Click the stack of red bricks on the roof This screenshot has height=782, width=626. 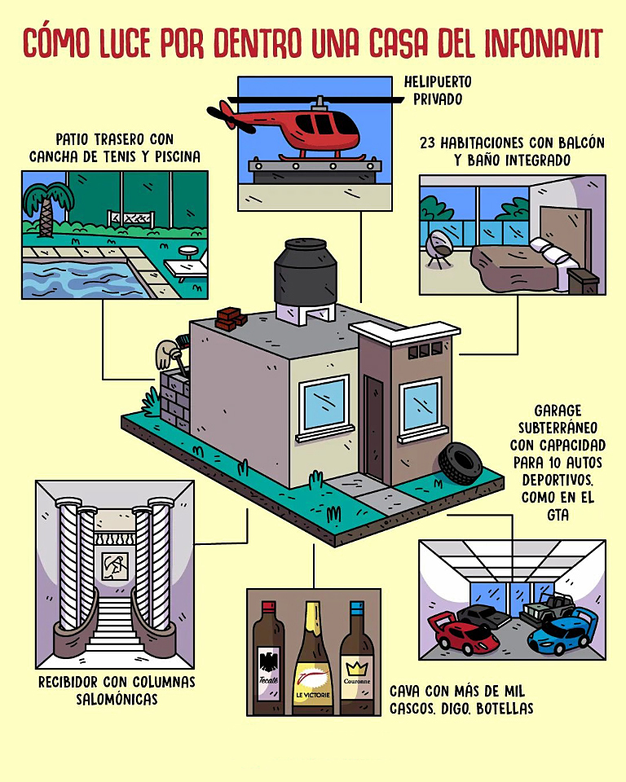231,318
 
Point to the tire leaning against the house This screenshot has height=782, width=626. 460,463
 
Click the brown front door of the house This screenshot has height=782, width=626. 375,428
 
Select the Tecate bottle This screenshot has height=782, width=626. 268,660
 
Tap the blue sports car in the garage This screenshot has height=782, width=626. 560,632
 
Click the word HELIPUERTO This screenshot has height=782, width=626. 437,82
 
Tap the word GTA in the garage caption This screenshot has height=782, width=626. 558,515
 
